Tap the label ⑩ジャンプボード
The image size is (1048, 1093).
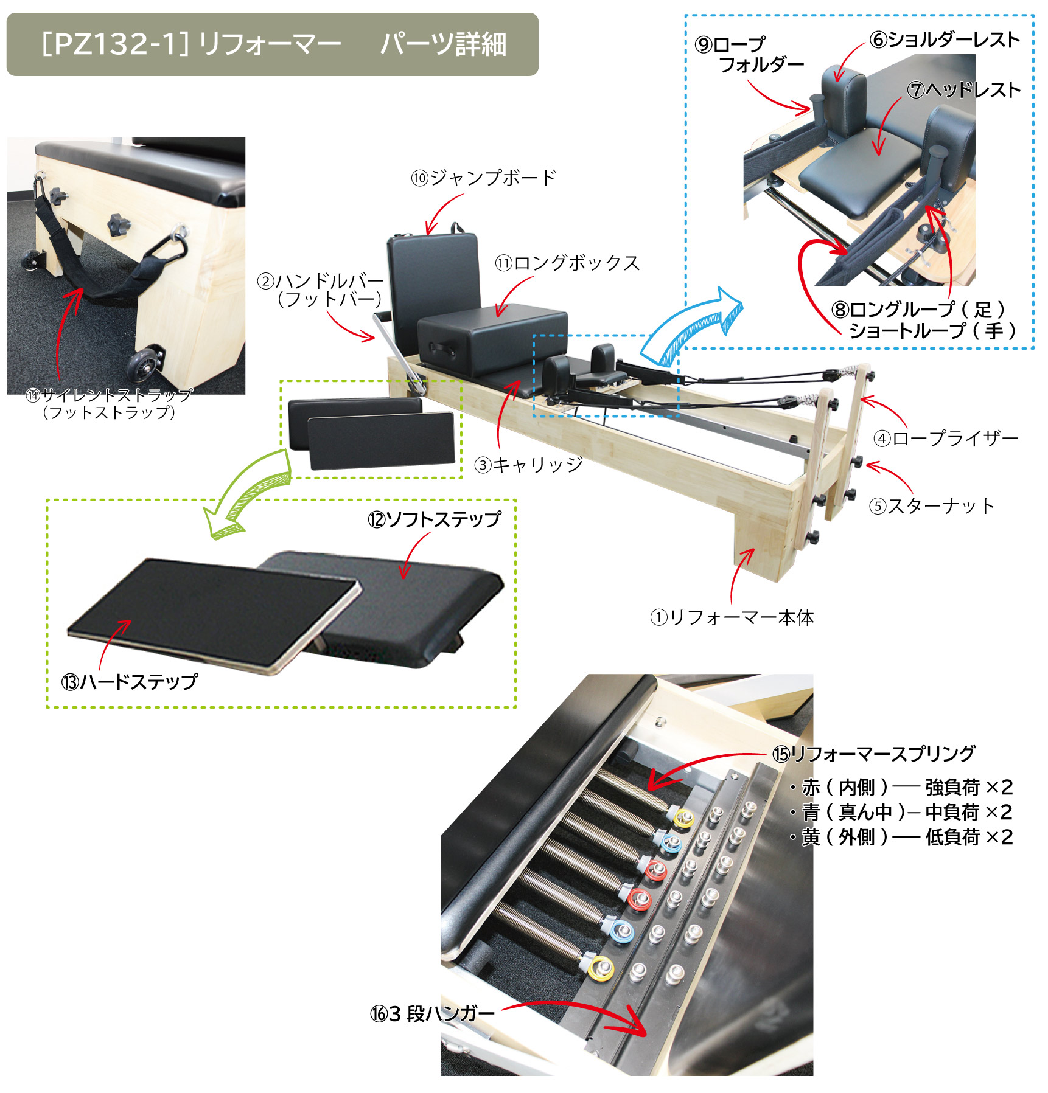click(x=484, y=178)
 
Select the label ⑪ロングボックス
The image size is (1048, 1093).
click(x=567, y=263)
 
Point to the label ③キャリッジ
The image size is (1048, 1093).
click(x=528, y=465)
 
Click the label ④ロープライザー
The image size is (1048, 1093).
click(x=945, y=438)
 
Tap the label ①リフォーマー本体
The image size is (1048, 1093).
click(x=732, y=617)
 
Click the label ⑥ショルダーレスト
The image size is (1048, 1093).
click(x=945, y=40)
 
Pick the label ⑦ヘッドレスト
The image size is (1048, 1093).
click(x=963, y=90)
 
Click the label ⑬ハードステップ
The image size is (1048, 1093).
click(x=129, y=681)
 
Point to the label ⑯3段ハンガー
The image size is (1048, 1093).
click(x=432, y=1013)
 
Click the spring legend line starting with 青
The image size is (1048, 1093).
click(x=901, y=812)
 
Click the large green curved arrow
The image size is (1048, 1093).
click(x=246, y=493)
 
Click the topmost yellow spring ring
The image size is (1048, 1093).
click(x=683, y=817)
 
